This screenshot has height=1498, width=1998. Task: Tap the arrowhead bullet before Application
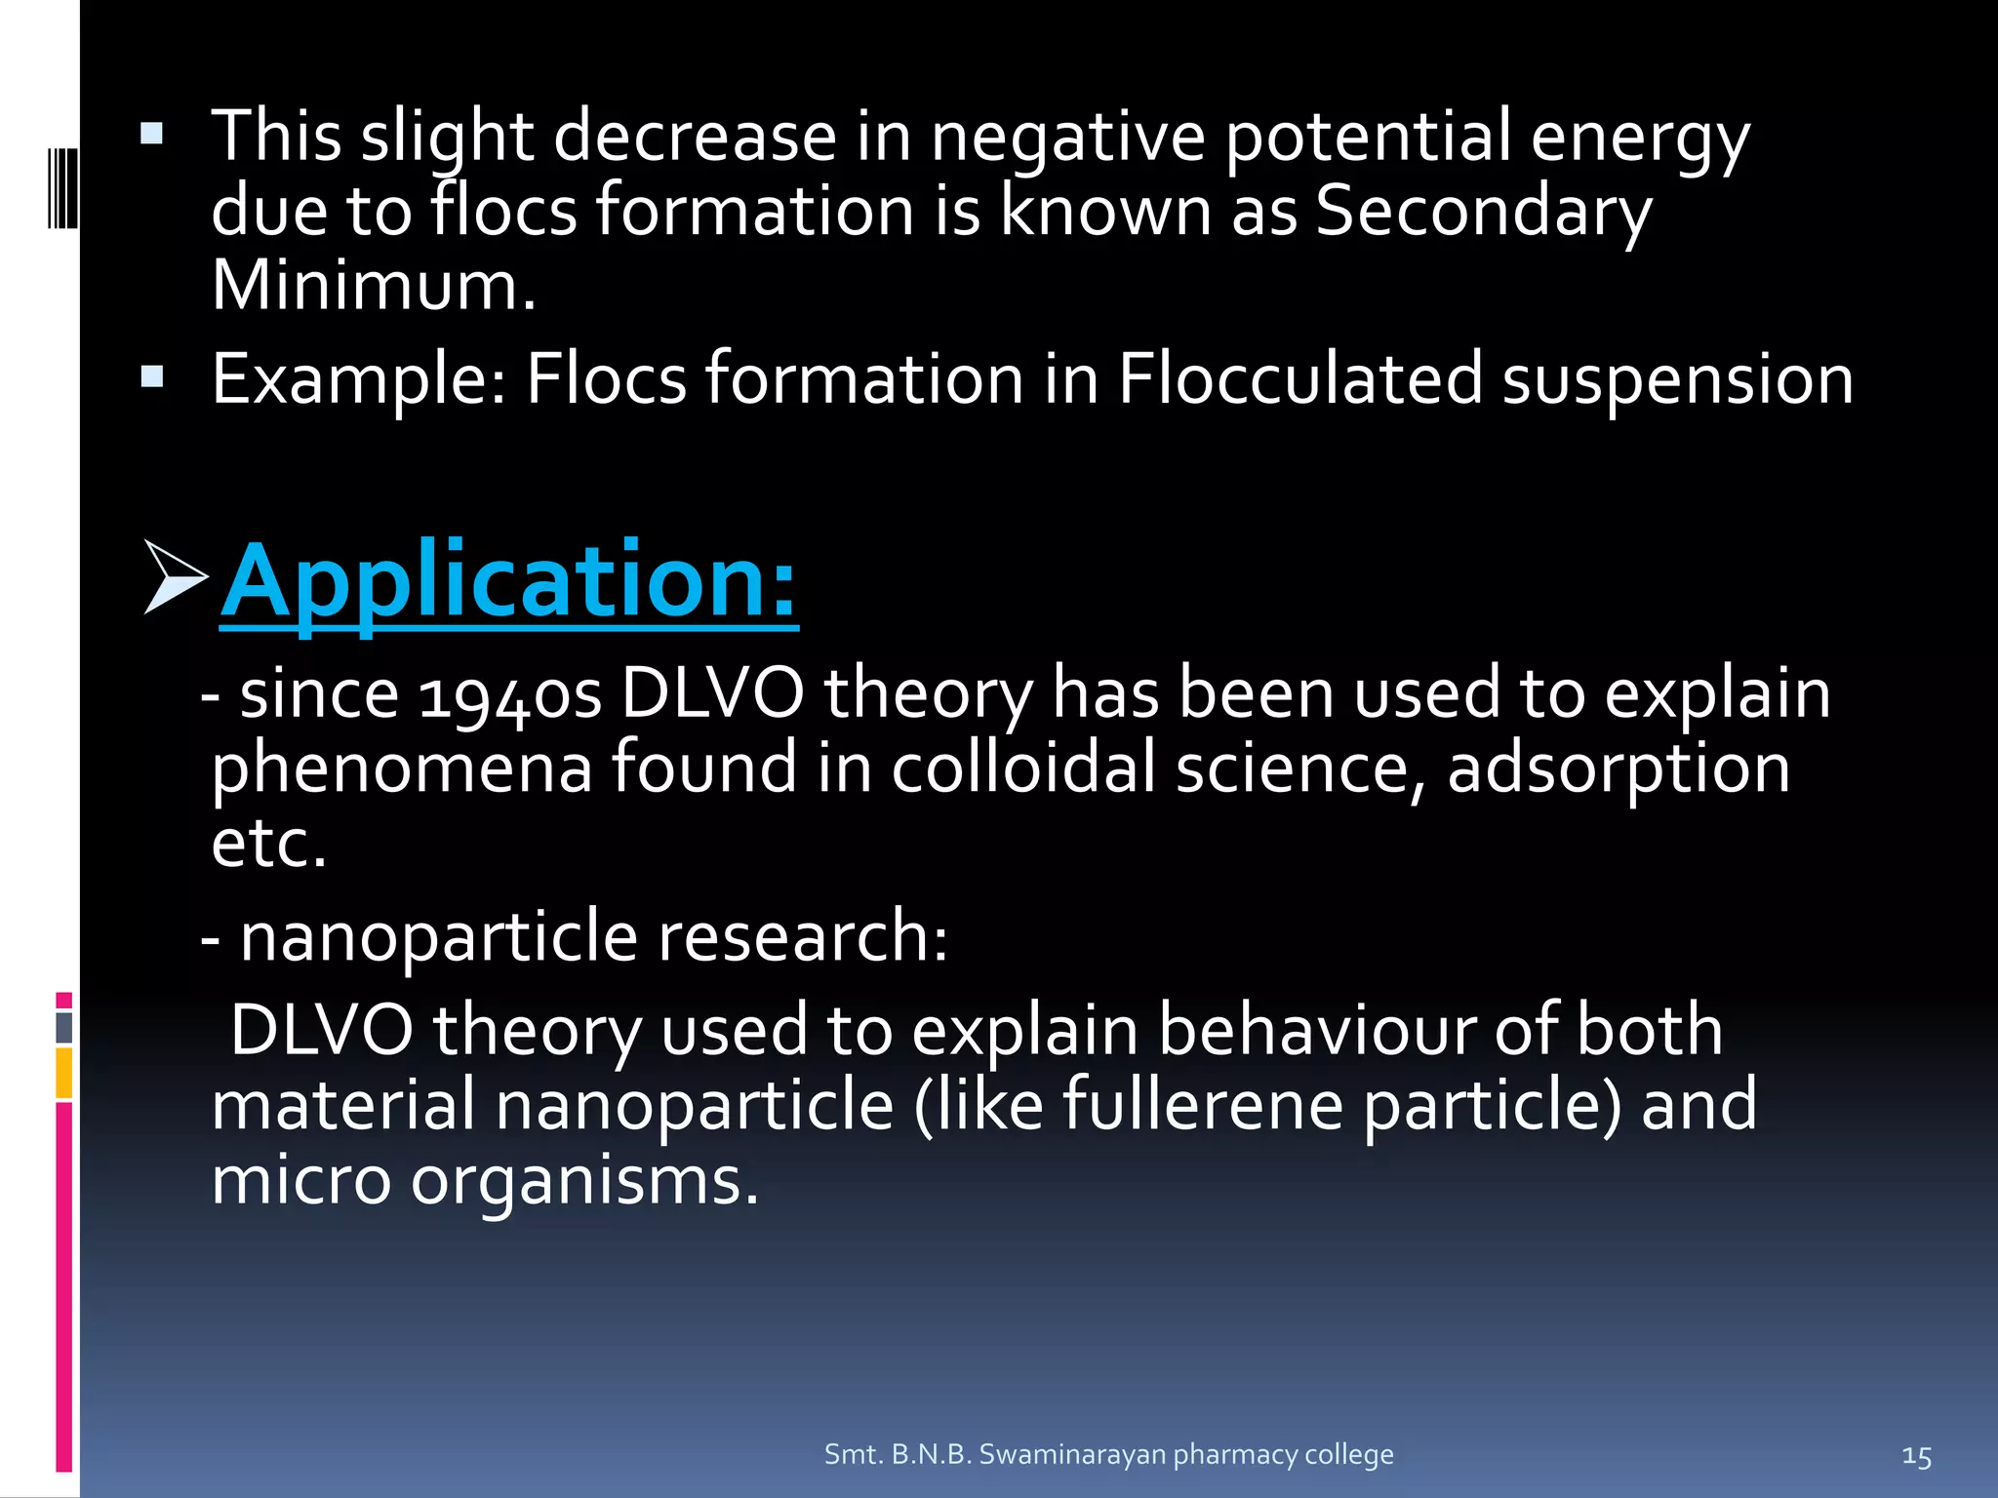[x=175, y=577]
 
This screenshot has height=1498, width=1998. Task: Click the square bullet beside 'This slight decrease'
[x=151, y=134]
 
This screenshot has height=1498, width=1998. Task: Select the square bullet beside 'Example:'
[x=151, y=376]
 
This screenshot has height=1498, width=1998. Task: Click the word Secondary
[x=1483, y=211]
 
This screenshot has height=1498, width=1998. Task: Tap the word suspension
[x=1677, y=380]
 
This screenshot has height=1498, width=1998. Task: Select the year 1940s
[x=509, y=696]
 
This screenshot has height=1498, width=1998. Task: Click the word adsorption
[x=1618, y=769]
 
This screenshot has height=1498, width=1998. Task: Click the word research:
[x=802, y=936]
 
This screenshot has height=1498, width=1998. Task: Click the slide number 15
[x=1916, y=1457]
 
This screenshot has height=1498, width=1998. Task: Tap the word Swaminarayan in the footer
[x=1072, y=1454]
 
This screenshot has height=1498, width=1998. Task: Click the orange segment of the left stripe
[x=64, y=1072]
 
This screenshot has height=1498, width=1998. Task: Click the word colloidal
[x=1023, y=768]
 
